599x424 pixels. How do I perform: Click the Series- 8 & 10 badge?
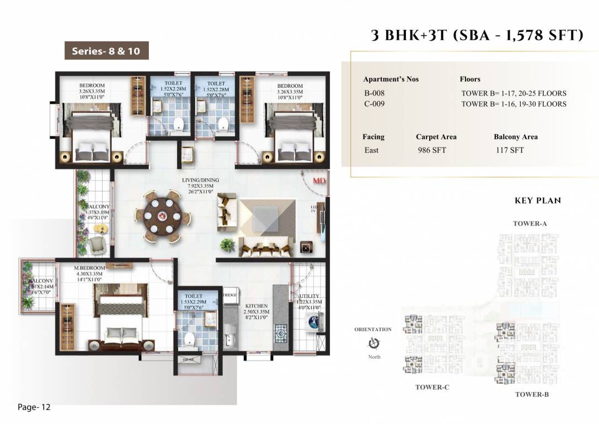(x=106, y=51)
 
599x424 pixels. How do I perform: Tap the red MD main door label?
(x=319, y=181)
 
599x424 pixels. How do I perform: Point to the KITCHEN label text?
(x=256, y=306)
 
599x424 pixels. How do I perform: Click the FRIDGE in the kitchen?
(x=230, y=295)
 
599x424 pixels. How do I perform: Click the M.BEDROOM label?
(x=89, y=268)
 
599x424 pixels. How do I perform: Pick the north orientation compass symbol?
(x=373, y=343)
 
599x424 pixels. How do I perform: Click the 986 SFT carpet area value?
(x=432, y=150)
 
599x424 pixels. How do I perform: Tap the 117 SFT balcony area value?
(x=509, y=150)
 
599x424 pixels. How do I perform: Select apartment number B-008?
(x=375, y=93)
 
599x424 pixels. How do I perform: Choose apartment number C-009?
(x=375, y=104)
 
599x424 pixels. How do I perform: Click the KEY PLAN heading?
(x=537, y=200)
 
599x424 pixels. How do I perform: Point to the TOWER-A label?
(x=530, y=224)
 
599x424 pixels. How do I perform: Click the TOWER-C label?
(x=432, y=387)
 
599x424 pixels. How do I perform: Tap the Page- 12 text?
(x=34, y=407)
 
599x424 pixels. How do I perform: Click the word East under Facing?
(x=371, y=150)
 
